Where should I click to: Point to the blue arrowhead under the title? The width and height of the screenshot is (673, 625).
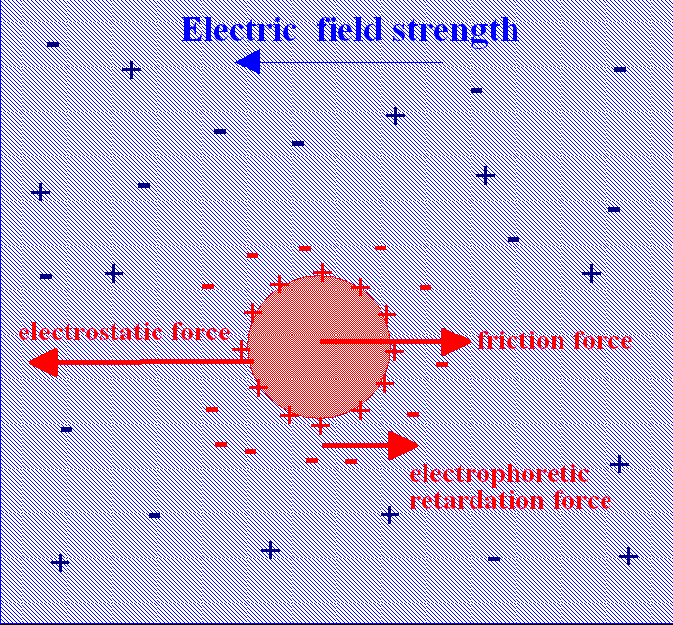click(x=247, y=63)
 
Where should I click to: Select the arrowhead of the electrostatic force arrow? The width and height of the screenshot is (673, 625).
click(x=42, y=363)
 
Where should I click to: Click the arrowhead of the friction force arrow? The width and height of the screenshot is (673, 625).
click(x=456, y=341)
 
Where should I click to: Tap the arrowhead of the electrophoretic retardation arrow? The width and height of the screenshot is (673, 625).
click(x=403, y=445)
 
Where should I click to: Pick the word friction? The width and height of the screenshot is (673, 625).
click(x=520, y=340)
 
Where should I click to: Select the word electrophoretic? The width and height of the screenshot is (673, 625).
click(x=499, y=475)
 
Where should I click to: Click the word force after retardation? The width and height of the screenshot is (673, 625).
click(x=580, y=502)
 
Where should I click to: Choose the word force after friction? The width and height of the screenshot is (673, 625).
click(x=602, y=340)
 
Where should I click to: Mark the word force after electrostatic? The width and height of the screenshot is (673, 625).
click(x=201, y=333)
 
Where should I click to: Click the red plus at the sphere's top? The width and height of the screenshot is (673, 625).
click(x=320, y=271)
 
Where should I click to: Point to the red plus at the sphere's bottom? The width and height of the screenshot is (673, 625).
click(x=320, y=425)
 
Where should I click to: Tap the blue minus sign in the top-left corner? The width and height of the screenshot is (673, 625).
click(x=53, y=44)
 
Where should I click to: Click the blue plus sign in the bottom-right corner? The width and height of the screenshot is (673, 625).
click(x=628, y=556)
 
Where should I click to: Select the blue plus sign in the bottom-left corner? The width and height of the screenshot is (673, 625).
click(x=60, y=562)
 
